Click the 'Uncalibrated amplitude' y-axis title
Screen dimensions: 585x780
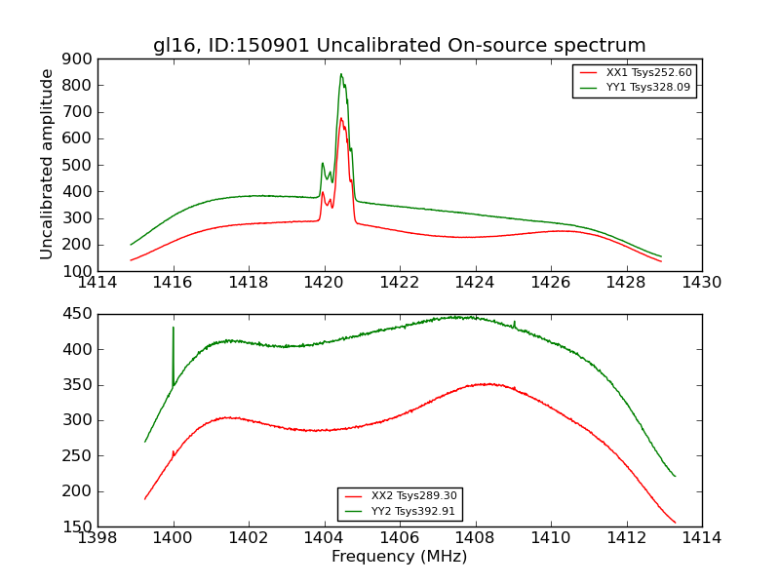point(47,164)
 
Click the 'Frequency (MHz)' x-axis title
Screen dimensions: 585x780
point(399,557)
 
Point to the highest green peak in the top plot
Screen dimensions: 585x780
point(341,74)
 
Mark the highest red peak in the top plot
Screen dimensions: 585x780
point(341,119)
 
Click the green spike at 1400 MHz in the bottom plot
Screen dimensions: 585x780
point(174,329)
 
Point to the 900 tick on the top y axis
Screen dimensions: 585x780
point(79,58)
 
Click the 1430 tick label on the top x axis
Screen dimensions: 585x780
point(701,283)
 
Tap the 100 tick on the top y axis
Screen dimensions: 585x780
point(79,271)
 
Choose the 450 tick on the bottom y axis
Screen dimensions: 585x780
point(79,314)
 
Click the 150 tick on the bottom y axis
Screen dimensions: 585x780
point(79,526)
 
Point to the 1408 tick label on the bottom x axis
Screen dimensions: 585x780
point(475,538)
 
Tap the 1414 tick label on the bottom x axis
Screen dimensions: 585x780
point(701,538)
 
